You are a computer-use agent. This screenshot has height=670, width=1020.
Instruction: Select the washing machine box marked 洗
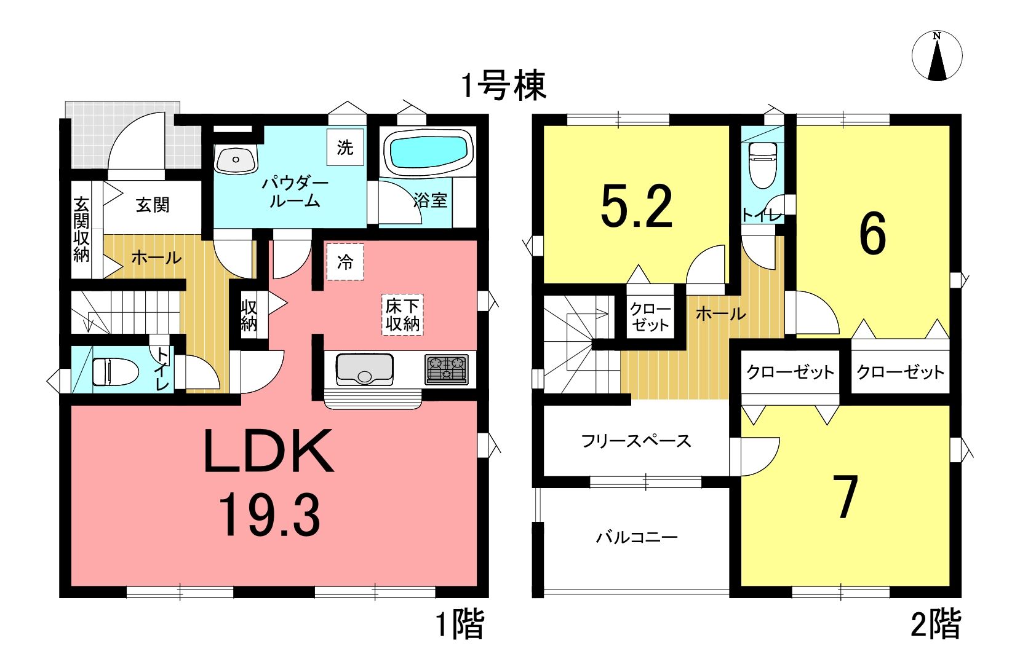click(x=345, y=147)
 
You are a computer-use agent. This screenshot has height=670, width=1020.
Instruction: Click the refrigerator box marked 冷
click(x=345, y=262)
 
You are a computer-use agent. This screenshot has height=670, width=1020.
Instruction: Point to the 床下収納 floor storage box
click(x=402, y=315)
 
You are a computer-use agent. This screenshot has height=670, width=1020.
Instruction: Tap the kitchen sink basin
click(x=364, y=369)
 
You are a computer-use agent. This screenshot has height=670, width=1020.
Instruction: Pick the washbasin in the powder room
click(x=236, y=159)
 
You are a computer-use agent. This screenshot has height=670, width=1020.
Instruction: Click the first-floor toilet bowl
click(x=115, y=371)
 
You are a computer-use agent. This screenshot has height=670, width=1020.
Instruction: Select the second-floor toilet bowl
click(x=763, y=165)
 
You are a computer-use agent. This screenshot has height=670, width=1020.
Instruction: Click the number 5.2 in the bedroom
click(x=637, y=207)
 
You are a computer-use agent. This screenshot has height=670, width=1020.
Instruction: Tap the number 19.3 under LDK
click(x=269, y=516)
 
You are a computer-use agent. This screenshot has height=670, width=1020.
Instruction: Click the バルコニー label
click(x=637, y=538)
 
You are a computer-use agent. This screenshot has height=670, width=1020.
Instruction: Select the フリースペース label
click(x=636, y=441)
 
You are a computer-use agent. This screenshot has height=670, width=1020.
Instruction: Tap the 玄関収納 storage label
click(x=81, y=229)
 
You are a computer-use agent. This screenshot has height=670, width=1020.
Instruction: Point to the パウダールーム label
click(x=295, y=192)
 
